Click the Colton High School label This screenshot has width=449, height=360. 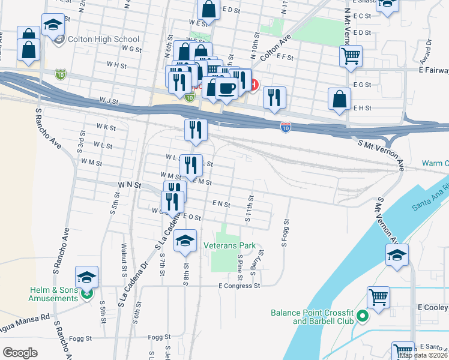[x=96, y=39]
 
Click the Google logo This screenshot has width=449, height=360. [x=20, y=353]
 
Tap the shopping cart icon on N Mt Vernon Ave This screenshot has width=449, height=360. [x=351, y=57]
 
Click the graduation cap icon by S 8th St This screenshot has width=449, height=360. [x=185, y=241]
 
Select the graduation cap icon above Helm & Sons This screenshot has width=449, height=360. [x=87, y=277]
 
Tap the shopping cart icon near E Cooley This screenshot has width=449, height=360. [x=378, y=297]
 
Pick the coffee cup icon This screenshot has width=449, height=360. [x=226, y=88]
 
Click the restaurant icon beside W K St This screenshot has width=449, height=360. [x=196, y=129]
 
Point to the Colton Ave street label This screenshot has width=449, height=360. [x=276, y=47]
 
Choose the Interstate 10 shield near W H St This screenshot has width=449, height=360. [x=60, y=73]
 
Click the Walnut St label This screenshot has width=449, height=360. [x=124, y=255]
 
